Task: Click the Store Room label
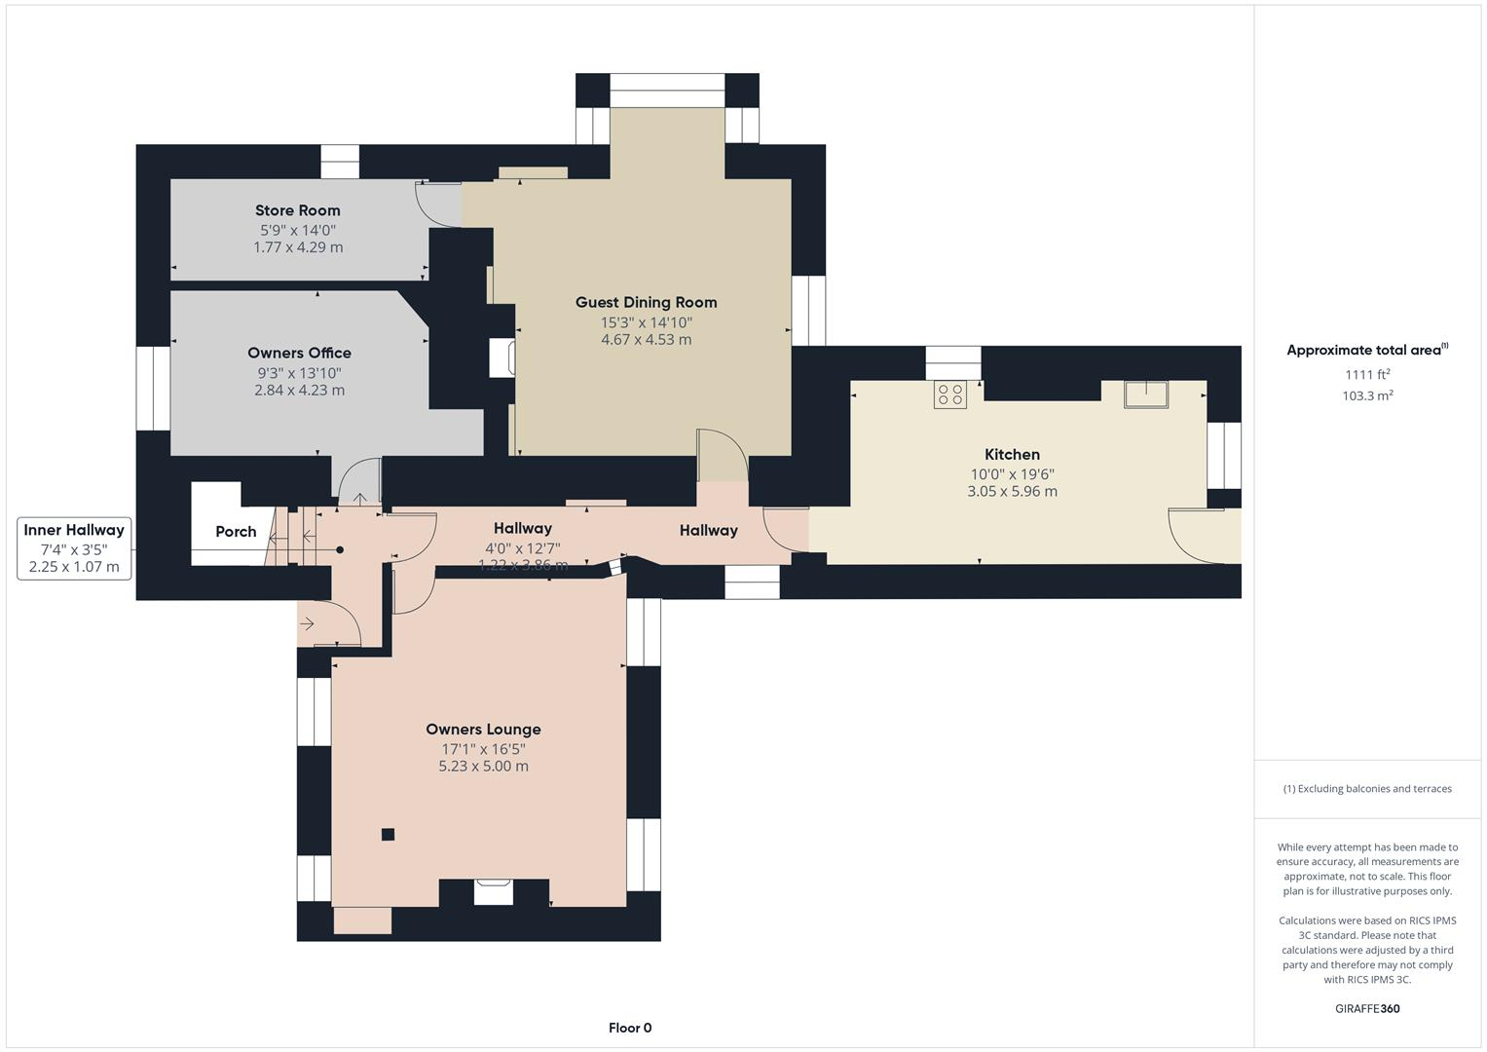coord(297,210)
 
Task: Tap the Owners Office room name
coord(299,353)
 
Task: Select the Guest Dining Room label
coord(646,302)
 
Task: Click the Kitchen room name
coord(1012,454)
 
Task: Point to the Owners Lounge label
coord(483,729)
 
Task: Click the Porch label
coord(236,531)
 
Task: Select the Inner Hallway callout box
coord(74,548)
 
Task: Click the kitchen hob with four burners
coord(949,394)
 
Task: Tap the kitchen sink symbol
coord(1146,394)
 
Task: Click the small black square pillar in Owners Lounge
coord(388,834)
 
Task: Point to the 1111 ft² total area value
coord(1367,374)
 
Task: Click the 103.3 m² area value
coord(1367,395)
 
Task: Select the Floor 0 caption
coord(630,1028)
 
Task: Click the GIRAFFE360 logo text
coord(1366,1008)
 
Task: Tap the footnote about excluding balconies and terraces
coord(1367,789)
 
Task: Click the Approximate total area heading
coord(1366,350)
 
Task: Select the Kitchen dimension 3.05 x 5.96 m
coord(1012,491)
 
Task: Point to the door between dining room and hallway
coord(723,456)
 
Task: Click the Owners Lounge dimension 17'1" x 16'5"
coord(483,749)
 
